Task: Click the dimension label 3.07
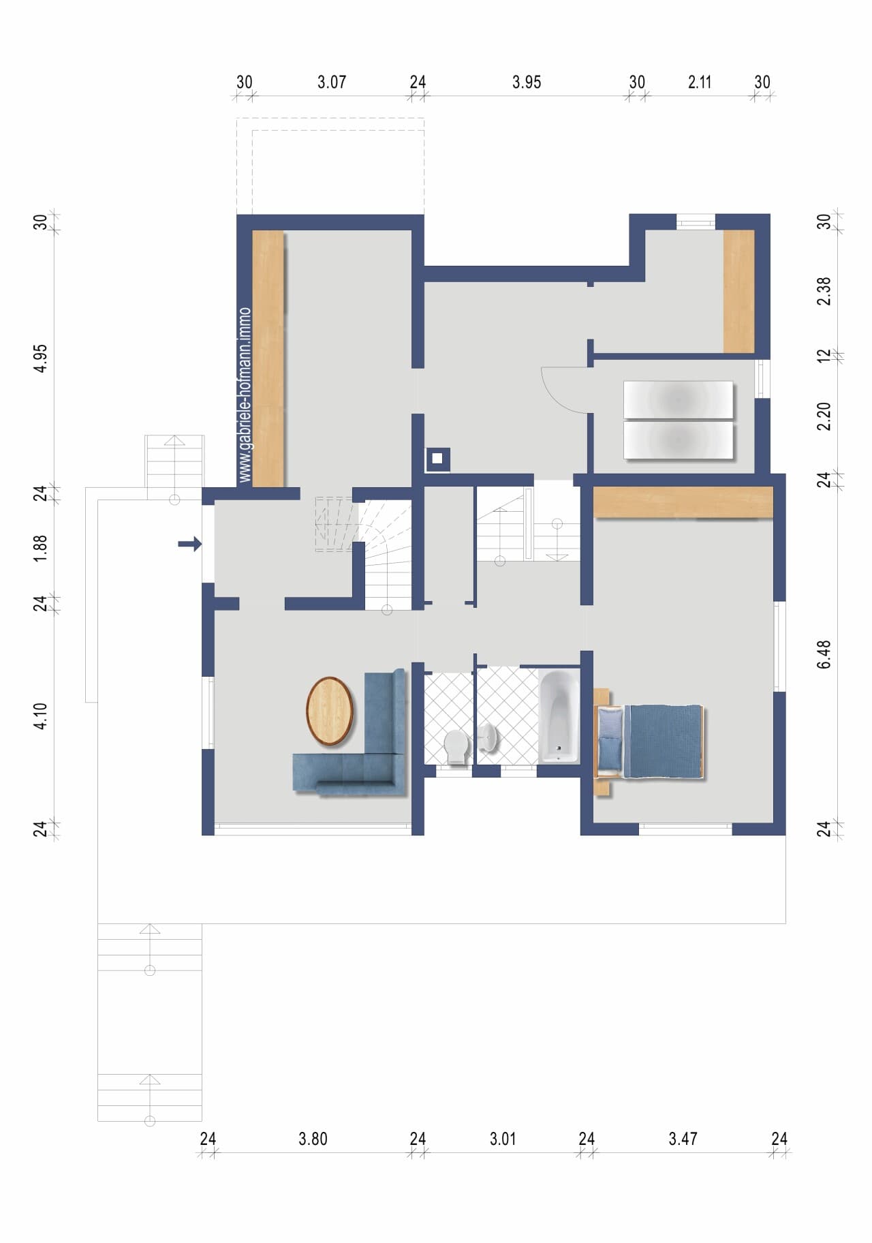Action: click(332, 82)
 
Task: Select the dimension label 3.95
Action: click(527, 82)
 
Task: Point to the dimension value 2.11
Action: click(700, 82)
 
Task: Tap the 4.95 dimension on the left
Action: click(41, 358)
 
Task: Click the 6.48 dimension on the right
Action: click(824, 654)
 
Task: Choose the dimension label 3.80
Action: click(313, 1139)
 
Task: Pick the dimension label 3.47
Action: click(683, 1139)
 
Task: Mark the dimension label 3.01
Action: click(503, 1139)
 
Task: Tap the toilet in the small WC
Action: click(456, 747)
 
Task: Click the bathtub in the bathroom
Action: click(559, 716)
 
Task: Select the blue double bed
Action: click(650, 741)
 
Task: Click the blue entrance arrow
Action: click(190, 544)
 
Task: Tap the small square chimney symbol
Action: click(437, 459)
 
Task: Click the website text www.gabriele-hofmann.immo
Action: click(245, 395)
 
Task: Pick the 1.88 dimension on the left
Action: click(41, 548)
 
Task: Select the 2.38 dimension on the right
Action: click(824, 291)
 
